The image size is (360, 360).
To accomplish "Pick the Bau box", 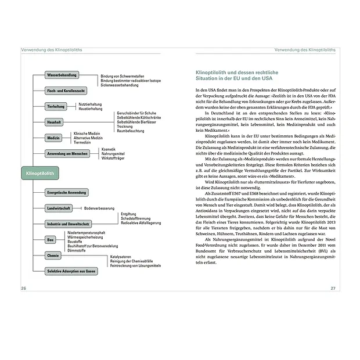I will (x=51, y=239).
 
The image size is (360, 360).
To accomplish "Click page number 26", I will (x=23, y=288).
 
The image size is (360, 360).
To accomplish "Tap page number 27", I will (x=333, y=288).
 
